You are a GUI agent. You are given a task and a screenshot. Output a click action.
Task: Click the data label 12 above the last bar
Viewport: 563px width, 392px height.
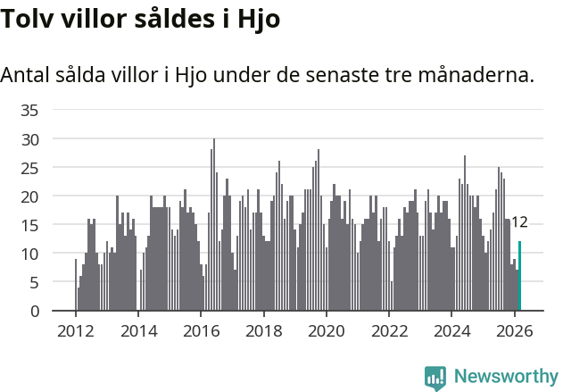click(x=519, y=222)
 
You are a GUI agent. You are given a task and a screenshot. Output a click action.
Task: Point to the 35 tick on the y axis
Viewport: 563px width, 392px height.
click(x=29, y=110)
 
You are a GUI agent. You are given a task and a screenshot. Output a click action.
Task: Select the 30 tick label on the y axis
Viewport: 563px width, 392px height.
click(x=29, y=139)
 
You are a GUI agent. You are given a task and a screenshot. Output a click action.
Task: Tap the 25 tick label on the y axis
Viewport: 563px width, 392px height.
click(x=29, y=168)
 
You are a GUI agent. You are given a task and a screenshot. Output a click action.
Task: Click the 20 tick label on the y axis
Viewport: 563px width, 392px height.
click(x=29, y=196)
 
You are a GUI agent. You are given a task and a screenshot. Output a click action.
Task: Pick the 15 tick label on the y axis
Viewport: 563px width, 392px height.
click(x=29, y=225)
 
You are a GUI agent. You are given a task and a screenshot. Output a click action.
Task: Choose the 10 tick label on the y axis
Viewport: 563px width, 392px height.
click(x=29, y=254)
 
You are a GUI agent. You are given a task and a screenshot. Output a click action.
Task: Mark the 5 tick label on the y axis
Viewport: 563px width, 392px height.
click(x=34, y=282)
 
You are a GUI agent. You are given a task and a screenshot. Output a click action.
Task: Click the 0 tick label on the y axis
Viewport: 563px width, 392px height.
click(x=34, y=311)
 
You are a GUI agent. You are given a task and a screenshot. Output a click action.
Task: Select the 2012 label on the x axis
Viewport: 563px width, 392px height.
click(x=75, y=330)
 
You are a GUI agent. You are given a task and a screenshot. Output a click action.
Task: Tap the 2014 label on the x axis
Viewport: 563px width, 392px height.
click(x=137, y=330)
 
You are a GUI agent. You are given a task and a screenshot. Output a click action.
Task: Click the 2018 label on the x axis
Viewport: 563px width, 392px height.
click(x=263, y=330)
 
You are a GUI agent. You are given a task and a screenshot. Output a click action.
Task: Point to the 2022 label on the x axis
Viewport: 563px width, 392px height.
click(x=389, y=330)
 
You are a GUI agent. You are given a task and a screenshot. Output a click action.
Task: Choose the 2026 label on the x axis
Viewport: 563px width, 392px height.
click(x=514, y=330)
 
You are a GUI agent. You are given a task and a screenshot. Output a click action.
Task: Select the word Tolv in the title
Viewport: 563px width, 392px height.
click(x=26, y=20)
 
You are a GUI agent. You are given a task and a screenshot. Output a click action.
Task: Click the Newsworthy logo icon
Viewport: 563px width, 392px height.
click(x=435, y=378)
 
